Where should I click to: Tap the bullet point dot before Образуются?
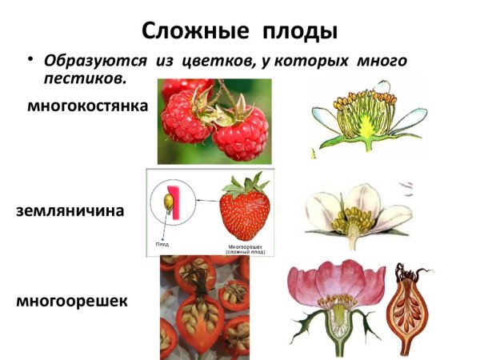pyautogui.click(x=31, y=59)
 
